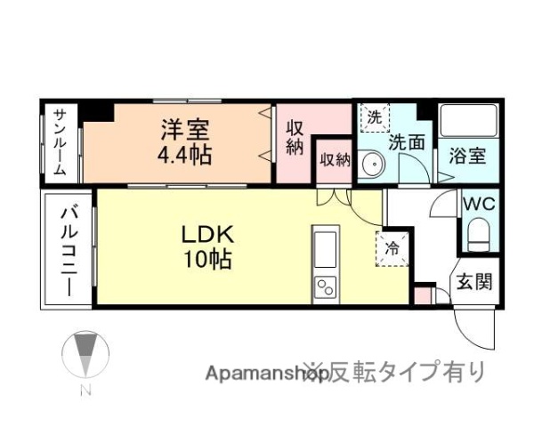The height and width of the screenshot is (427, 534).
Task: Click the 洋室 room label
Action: [x=185, y=130]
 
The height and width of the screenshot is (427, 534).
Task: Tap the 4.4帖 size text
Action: [x=185, y=155]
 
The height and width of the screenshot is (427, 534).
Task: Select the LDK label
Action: [x=206, y=235]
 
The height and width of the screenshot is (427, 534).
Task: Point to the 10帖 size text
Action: [x=206, y=261]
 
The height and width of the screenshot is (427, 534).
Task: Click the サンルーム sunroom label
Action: [x=60, y=141]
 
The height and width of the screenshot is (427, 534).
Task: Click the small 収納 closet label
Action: [x=335, y=159]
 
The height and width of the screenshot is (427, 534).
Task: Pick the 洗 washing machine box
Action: [x=375, y=116]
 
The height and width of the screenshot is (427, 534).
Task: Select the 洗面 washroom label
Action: [x=405, y=141]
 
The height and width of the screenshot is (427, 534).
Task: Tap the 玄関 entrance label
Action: [x=474, y=284]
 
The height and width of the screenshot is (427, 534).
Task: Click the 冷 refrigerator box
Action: [x=392, y=248]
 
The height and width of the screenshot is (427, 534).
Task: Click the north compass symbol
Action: [x=85, y=355]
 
